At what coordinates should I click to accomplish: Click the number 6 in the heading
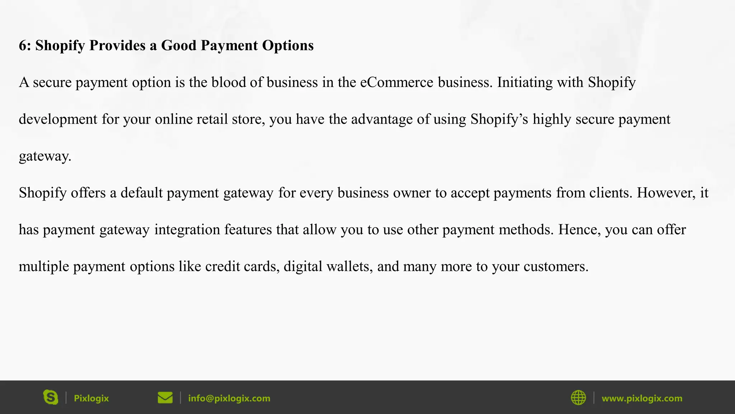tap(23, 46)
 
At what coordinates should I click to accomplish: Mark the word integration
tap(187, 230)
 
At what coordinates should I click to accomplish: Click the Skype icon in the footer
tap(51, 397)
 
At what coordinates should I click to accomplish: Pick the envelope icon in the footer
tap(165, 398)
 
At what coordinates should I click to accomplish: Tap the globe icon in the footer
tap(578, 398)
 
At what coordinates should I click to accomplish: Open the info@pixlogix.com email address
tap(229, 398)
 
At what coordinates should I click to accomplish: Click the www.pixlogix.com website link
tap(642, 398)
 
